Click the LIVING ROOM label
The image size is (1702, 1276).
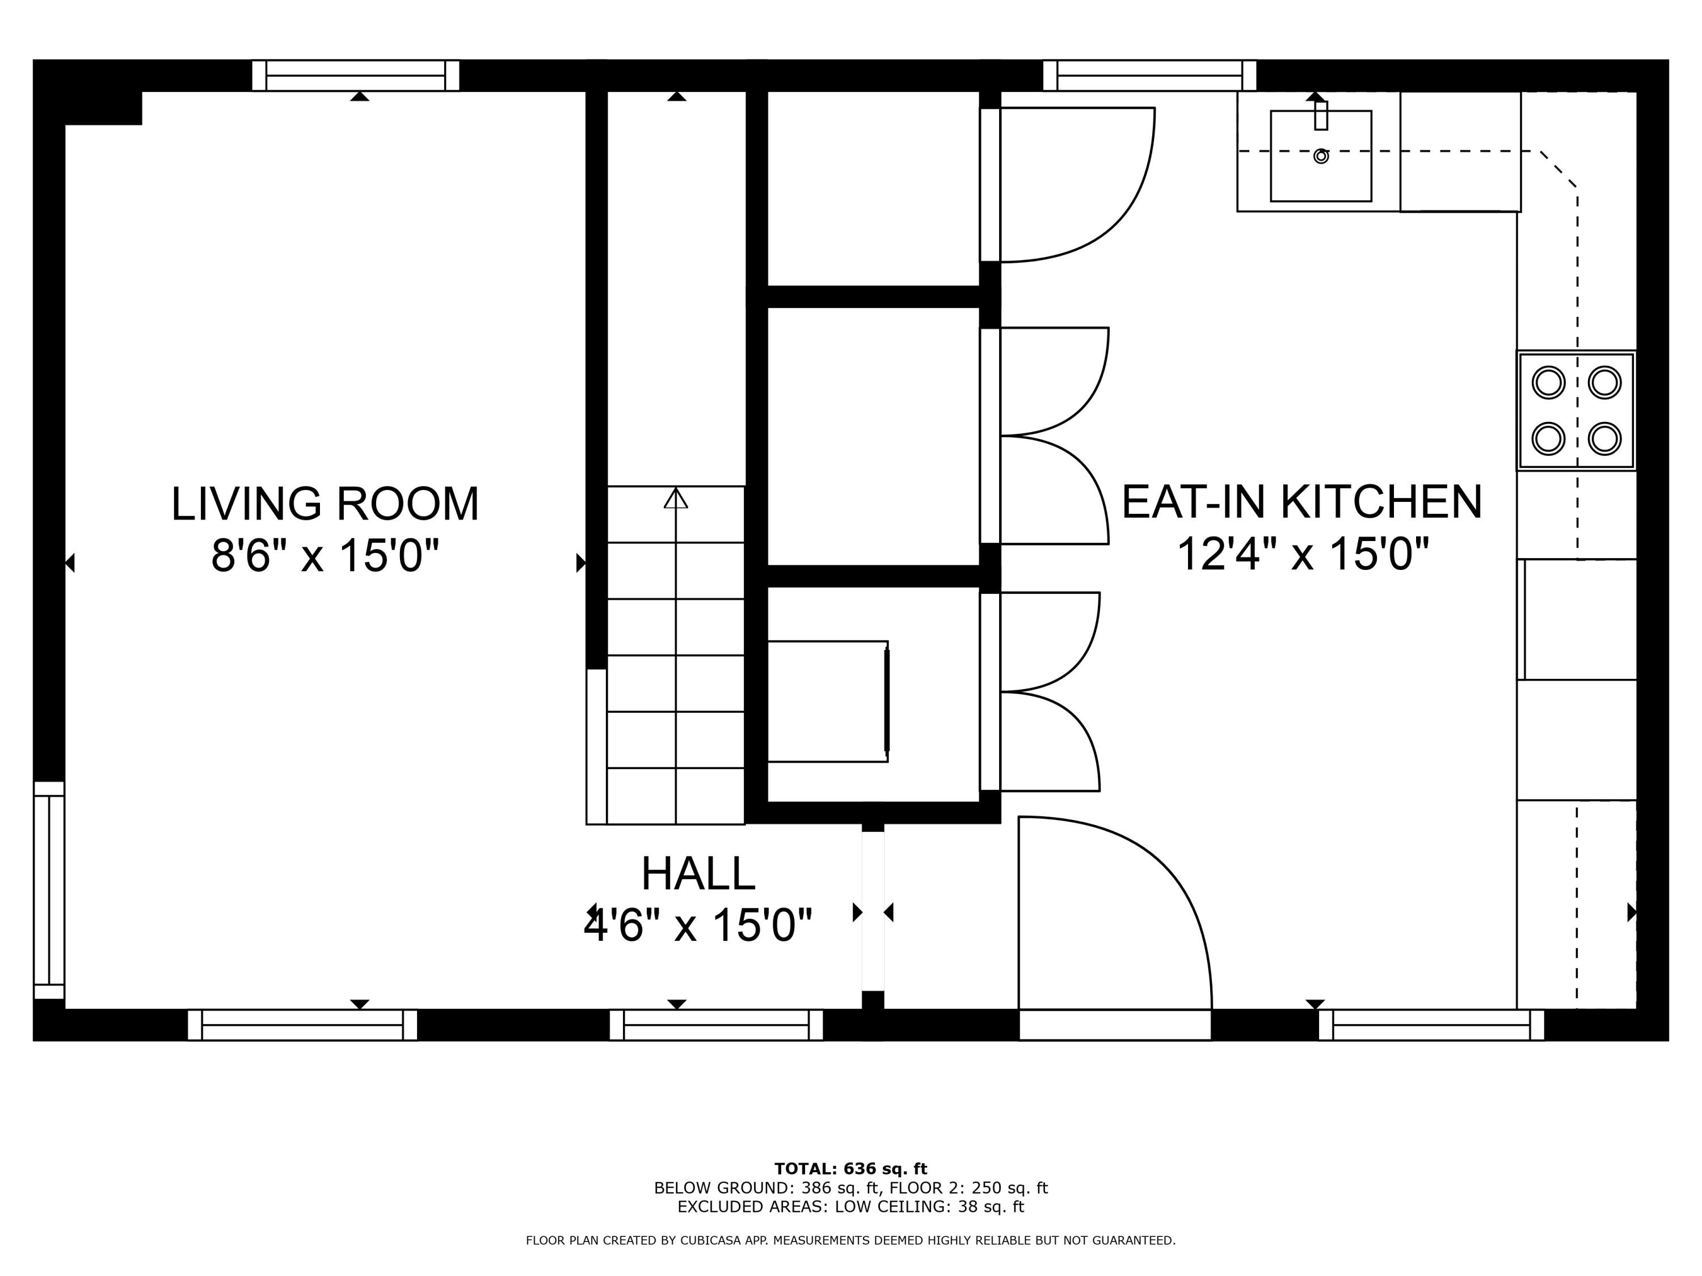point(325,505)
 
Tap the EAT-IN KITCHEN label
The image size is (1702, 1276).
point(1301,502)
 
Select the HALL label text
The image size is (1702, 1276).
point(698,874)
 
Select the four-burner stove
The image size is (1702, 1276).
point(1576,410)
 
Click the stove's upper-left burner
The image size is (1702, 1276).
point(1548,382)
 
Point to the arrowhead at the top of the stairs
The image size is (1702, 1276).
point(676,498)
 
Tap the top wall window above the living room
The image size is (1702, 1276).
point(356,75)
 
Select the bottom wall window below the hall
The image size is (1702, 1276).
point(715,1025)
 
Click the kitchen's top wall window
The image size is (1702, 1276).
point(1149,75)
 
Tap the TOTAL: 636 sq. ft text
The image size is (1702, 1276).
point(850,1169)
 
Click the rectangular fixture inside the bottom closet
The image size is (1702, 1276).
point(827,702)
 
